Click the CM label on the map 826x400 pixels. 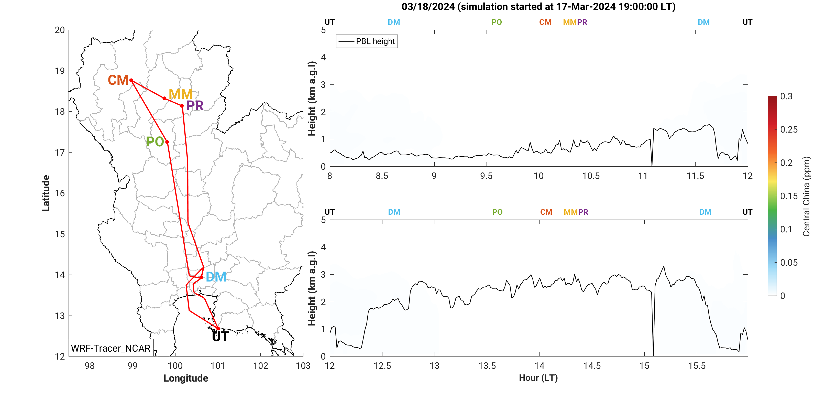click(118, 80)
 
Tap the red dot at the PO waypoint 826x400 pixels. click(167, 142)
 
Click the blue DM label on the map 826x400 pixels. click(216, 277)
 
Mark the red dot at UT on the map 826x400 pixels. click(218, 328)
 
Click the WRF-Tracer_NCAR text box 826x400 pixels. click(111, 348)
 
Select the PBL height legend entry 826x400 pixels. click(367, 41)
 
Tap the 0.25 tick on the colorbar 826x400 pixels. click(789, 129)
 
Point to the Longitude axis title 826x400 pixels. click(186, 378)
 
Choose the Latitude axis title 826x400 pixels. click(46, 193)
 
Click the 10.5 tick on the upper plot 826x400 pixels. click(591, 176)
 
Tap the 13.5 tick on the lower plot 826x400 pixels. click(487, 366)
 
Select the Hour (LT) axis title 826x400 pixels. click(538, 378)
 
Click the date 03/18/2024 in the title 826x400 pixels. click(428, 7)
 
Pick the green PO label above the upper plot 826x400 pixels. click(496, 22)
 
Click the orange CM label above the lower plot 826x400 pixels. click(546, 212)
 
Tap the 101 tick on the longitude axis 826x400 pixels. click(218, 366)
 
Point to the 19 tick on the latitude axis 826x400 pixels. click(60, 71)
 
